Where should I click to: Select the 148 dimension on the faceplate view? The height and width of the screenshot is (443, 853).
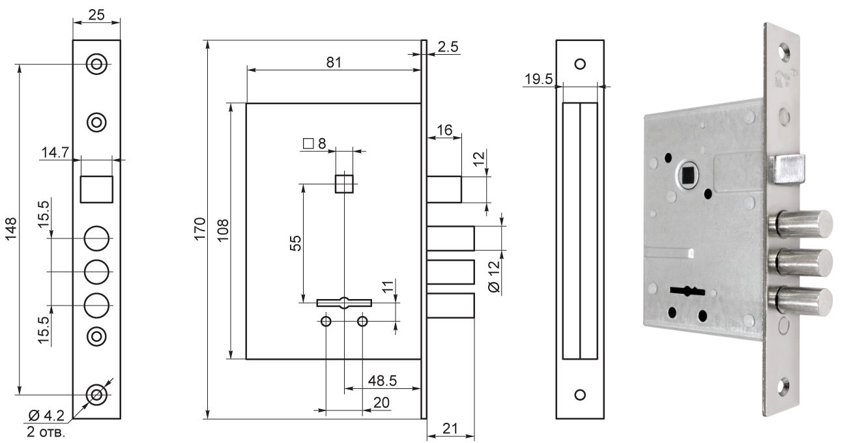(x=12, y=229)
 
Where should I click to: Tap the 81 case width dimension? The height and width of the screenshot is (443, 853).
(x=334, y=62)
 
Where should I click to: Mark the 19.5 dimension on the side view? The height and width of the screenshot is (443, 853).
(x=538, y=79)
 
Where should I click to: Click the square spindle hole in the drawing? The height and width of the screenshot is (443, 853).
(x=343, y=184)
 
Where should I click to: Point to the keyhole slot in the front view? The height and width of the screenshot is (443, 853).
(x=343, y=302)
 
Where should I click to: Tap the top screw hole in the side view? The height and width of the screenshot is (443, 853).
(x=580, y=64)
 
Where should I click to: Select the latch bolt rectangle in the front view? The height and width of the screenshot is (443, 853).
(x=444, y=190)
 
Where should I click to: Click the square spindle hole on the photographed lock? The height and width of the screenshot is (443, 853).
(x=687, y=175)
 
